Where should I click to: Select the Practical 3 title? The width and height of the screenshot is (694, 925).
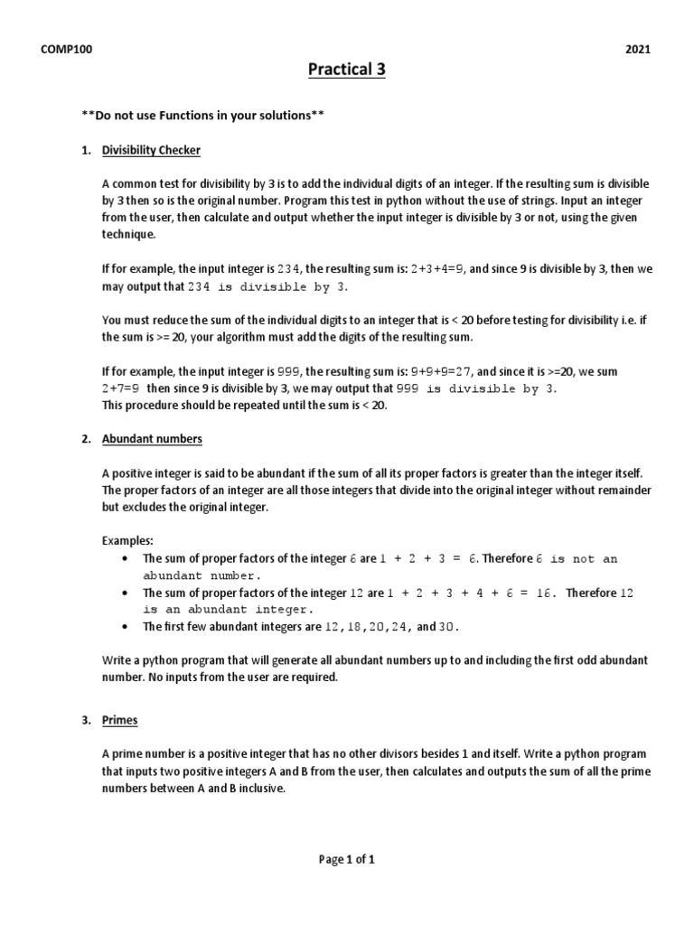(347, 69)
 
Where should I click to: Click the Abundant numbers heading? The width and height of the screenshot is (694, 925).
(152, 439)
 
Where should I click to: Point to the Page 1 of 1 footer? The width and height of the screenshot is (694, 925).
(347, 860)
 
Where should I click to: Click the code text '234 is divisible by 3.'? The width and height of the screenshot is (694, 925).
(267, 286)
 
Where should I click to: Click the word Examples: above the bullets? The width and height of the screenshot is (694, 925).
(127, 541)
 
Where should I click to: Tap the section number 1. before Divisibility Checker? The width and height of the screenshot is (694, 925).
(88, 149)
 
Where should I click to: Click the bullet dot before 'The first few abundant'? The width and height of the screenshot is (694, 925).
(124, 627)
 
